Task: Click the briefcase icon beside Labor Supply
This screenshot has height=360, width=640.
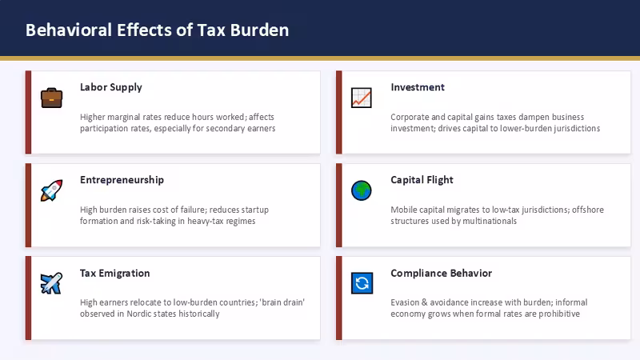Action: [x=51, y=98]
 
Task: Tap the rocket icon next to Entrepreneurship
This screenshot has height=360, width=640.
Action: [x=51, y=190]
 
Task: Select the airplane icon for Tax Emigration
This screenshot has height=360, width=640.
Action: [x=51, y=283]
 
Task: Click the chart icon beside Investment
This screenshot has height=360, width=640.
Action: [x=362, y=98]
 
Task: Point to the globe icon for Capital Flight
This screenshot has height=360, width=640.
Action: [x=362, y=190]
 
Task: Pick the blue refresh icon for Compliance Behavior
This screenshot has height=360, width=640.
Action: [x=362, y=283]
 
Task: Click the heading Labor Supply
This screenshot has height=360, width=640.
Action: [x=111, y=87]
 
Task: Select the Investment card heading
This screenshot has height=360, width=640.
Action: [x=418, y=87]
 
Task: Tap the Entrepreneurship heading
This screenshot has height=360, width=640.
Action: [x=122, y=180]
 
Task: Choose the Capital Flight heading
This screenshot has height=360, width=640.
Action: [x=422, y=180]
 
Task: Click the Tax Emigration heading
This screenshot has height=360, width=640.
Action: [x=114, y=273]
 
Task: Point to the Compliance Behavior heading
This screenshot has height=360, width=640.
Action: [x=442, y=273]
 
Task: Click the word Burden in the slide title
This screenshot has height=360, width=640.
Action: [x=259, y=30]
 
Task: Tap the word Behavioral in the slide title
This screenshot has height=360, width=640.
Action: [x=69, y=30]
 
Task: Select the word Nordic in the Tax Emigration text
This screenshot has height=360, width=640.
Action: [x=139, y=314]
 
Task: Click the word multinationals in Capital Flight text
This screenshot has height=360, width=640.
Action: [x=491, y=222]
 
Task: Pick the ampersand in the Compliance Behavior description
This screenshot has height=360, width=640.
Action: [x=424, y=302]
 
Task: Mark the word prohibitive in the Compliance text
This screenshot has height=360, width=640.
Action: [x=559, y=314]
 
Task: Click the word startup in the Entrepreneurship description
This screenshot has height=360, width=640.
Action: [x=254, y=210]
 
